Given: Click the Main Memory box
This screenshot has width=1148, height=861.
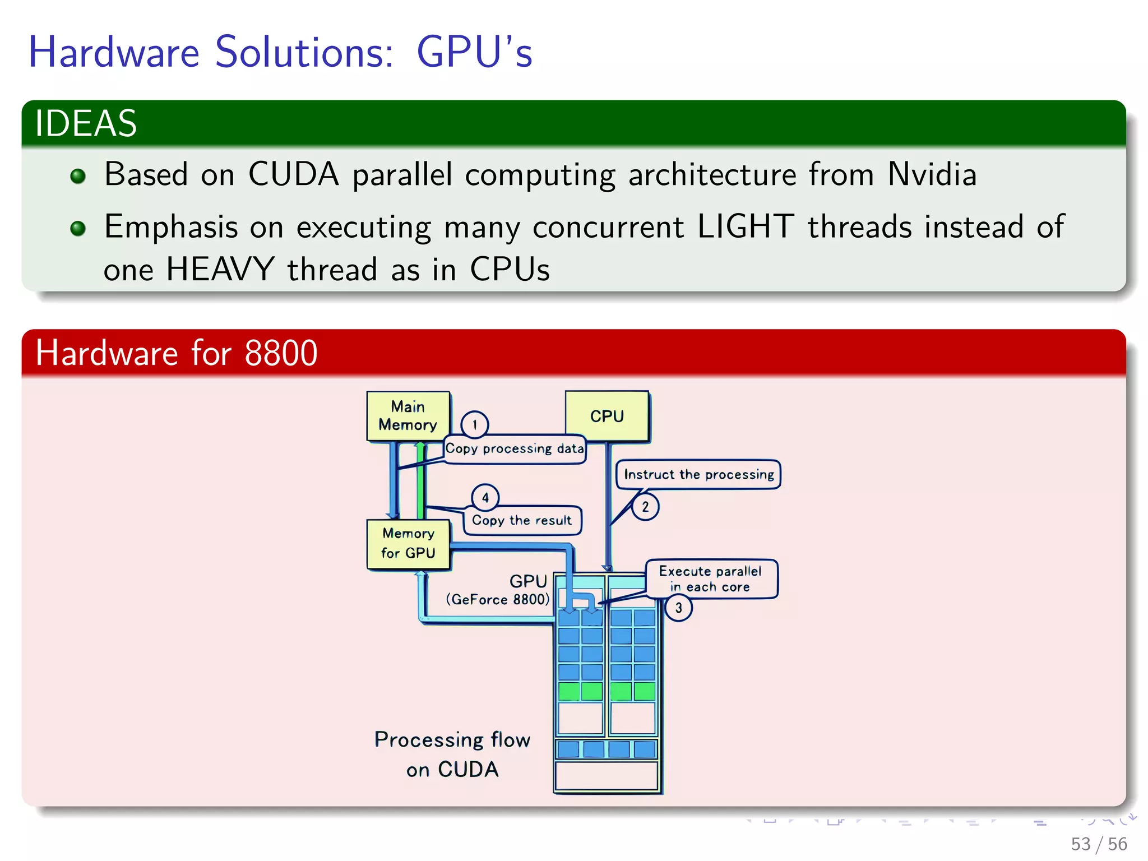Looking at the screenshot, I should [408, 415].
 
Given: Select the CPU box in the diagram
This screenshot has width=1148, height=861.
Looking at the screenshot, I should [607, 416].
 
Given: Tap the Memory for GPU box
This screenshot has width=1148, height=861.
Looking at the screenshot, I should [408, 544].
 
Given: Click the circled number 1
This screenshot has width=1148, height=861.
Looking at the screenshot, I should [474, 424].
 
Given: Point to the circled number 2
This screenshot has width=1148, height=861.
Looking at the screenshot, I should [645, 507].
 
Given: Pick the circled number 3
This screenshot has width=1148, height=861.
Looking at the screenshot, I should [678, 608].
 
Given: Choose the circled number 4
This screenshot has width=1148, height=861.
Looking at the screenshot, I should [485, 497].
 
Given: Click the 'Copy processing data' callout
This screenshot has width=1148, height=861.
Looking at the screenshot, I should [515, 449].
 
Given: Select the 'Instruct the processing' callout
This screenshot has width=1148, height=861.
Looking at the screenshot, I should [698, 475].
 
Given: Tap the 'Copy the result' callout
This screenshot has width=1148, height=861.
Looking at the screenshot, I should [522, 521].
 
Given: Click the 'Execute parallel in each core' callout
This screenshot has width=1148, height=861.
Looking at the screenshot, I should [710, 579].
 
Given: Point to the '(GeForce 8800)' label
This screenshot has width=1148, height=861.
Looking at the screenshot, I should [498, 600].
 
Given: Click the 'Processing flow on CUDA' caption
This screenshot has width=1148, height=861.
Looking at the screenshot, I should [452, 754].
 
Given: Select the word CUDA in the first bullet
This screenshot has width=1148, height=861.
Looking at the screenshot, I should [293, 174].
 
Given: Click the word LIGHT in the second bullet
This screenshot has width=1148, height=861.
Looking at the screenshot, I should [746, 227].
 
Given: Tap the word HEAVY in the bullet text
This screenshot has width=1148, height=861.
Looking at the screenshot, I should [220, 270].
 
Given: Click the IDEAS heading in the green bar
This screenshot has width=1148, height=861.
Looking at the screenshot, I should [86, 123].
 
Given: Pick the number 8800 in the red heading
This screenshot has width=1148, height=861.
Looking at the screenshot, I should [281, 353].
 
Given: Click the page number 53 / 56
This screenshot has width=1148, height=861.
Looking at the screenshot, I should [1099, 844].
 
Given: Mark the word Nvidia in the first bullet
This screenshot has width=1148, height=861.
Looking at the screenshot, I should [932, 174].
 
